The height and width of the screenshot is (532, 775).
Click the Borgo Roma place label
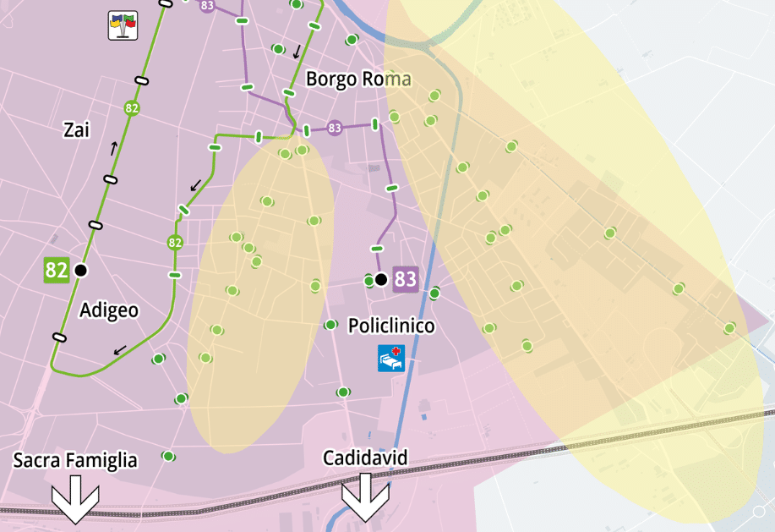(x=357, y=80)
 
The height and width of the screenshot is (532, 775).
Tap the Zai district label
(x=76, y=129)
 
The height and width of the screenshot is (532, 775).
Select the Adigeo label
(x=109, y=310)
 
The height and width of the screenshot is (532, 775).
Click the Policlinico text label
(x=391, y=326)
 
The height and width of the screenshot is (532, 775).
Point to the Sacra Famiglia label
(x=75, y=460)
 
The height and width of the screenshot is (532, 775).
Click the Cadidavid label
(x=365, y=458)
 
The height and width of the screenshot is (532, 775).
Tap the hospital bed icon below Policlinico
(x=391, y=358)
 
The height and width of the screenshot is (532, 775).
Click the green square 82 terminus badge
(x=57, y=271)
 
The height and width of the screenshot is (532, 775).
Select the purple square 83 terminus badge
(x=406, y=279)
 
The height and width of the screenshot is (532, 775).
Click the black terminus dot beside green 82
(x=80, y=271)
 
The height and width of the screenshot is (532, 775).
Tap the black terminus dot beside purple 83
(x=381, y=279)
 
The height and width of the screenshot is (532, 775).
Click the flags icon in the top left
(x=123, y=25)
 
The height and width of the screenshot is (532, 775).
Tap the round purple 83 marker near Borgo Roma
(x=335, y=129)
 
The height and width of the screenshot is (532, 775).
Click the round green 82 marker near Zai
(x=132, y=108)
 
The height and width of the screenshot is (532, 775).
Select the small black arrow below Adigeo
(x=120, y=348)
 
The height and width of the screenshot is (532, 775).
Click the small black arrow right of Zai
(x=113, y=149)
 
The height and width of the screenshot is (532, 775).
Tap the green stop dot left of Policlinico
(x=330, y=325)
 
